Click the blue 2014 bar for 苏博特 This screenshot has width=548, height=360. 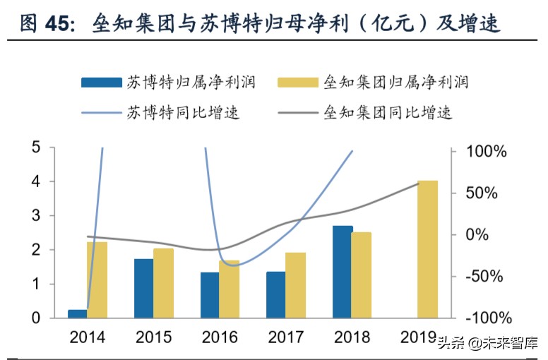(x=78, y=313)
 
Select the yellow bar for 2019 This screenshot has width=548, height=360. (x=427, y=249)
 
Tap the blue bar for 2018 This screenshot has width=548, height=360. (x=342, y=272)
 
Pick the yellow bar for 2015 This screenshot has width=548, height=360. (x=163, y=283)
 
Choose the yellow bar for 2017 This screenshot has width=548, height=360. (x=295, y=285)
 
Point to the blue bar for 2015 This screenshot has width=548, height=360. (x=144, y=288)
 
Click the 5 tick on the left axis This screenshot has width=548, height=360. (x=35, y=148)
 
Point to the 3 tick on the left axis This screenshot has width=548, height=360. (x=35, y=216)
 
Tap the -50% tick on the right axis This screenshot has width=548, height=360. (x=487, y=276)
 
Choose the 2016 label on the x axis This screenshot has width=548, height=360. (x=220, y=337)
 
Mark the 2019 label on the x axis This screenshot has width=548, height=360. (x=419, y=337)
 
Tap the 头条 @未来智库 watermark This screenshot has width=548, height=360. (x=487, y=344)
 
